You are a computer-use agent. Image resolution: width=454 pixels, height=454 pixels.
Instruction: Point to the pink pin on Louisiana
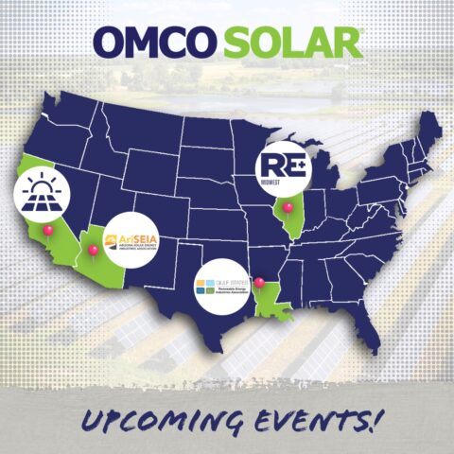[258, 281]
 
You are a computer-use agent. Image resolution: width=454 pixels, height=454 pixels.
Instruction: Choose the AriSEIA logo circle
[131, 241]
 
